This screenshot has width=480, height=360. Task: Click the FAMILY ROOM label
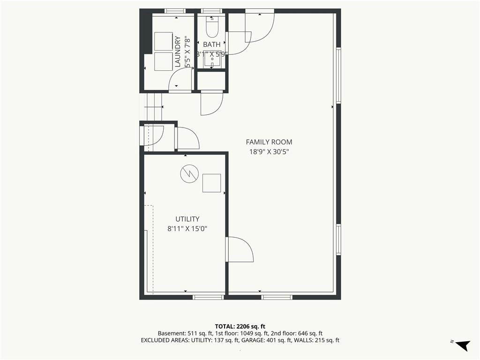pyautogui.click(x=269, y=142)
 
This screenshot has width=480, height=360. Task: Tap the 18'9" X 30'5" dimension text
pyautogui.click(x=269, y=151)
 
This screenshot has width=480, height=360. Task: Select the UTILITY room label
pyautogui.click(x=187, y=219)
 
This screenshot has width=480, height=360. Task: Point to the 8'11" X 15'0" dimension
pyautogui.click(x=187, y=229)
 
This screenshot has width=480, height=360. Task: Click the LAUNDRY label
pyautogui.click(x=178, y=52)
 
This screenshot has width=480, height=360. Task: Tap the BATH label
pyautogui.click(x=211, y=45)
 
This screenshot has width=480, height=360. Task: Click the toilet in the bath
pyautogui.click(x=211, y=27)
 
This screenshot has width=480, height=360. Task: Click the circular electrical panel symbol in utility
pyautogui.click(x=189, y=174)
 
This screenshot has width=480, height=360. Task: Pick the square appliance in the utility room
pyautogui.click(x=211, y=183)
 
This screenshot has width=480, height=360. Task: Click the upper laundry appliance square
pyautogui.click(x=164, y=41)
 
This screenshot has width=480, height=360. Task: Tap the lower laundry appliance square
pyautogui.click(x=164, y=61)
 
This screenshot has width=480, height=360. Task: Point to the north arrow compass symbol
pyautogui.click(x=461, y=345)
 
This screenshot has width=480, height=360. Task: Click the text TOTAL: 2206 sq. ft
pyautogui.click(x=240, y=326)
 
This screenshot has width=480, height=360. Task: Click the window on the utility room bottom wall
pyautogui.click(x=209, y=297)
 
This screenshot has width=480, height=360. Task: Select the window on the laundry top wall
pyautogui.click(x=175, y=11)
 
